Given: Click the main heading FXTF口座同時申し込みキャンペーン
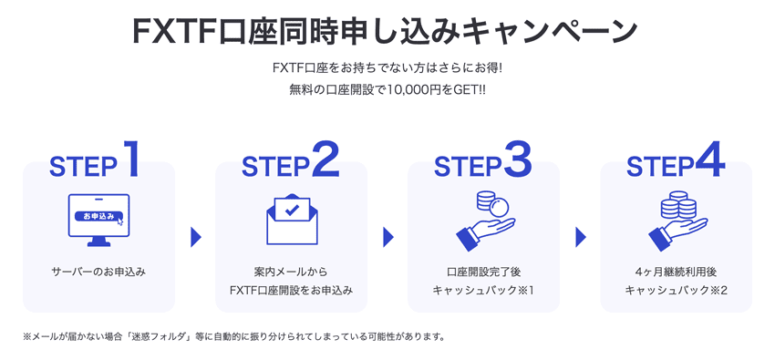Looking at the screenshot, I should coord(387,30).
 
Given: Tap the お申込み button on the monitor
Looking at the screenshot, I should coord(99,217).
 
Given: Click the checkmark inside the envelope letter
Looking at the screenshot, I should coord(291,210).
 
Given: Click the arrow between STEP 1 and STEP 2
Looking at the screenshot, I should coord(195,237).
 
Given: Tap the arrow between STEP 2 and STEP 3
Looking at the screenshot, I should coord(387,237).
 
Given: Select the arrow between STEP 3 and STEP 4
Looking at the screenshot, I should coord(580,237).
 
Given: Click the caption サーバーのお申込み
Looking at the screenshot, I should coord(99,272).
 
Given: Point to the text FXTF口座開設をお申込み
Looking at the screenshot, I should coord(291,291).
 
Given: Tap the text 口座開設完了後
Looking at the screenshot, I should coord(484,272).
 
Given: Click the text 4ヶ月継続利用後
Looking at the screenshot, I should coord(676,272).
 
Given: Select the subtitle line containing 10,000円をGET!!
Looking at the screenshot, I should coord(387,90).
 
